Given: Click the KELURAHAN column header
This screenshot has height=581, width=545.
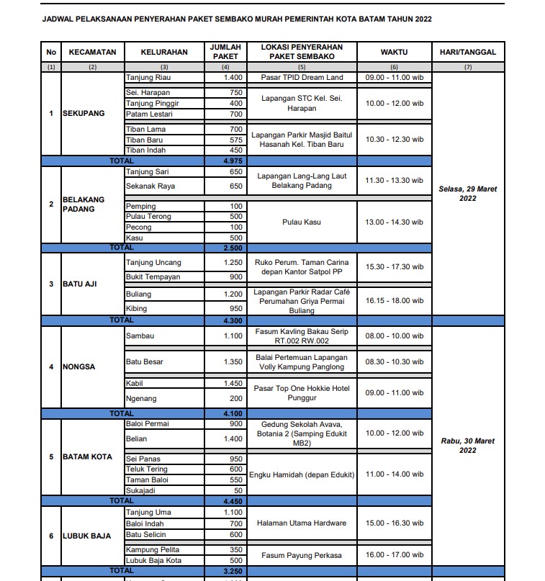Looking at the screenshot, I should coord(164,52).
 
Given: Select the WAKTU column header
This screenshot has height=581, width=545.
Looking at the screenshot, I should coord(394,52).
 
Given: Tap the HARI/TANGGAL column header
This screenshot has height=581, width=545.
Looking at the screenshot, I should coord(468,52).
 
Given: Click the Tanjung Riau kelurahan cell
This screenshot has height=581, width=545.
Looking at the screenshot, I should coord(148,77).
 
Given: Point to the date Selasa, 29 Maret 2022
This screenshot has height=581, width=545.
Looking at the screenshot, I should coord(468,194).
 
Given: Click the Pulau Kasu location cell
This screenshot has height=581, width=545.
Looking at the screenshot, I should coord(302,222).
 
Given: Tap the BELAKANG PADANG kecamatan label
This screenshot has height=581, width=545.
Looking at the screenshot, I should coord(84,204).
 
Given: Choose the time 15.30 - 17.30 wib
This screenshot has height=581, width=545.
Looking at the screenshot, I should coord(394,267).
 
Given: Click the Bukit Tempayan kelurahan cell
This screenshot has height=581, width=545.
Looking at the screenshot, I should coord(153,277).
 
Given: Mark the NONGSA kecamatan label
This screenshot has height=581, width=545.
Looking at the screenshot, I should coord(78,367).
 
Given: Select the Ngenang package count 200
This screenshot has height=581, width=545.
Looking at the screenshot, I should coord(236,398).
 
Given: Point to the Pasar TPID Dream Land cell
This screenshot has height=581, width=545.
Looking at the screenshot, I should coord(302,77).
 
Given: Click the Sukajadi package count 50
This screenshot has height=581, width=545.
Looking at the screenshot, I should coord(238,490).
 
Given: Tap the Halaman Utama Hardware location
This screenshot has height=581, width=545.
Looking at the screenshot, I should coord(302,523).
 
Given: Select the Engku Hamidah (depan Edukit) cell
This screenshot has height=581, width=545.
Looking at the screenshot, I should coord(302,474).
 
